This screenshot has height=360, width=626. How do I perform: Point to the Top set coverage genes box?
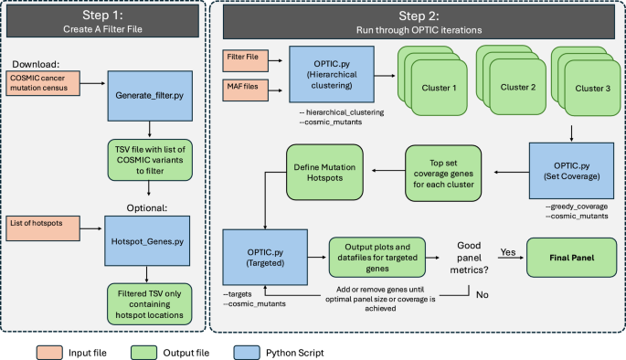[x=443, y=170]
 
